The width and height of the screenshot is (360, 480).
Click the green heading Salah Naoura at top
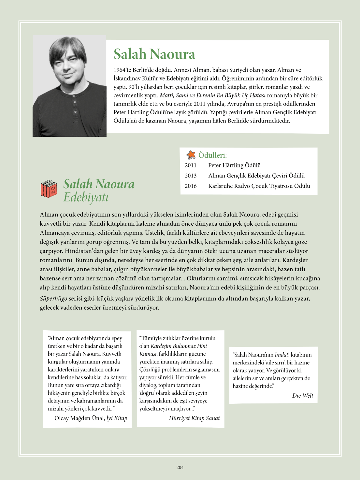click(154, 54)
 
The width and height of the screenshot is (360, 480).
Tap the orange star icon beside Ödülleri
click(191, 155)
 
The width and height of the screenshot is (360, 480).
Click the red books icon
click(49, 189)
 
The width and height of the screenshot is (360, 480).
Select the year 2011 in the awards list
click(191, 165)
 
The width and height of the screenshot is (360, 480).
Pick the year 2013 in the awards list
click(191, 176)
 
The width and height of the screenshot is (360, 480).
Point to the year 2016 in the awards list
click(191, 186)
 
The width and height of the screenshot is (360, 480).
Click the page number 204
click(180, 467)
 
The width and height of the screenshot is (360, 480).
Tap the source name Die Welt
click(302, 396)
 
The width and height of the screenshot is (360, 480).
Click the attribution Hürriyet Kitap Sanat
click(194, 418)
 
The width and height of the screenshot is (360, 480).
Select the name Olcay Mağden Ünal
click(79, 418)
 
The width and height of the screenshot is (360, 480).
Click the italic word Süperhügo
click(53, 299)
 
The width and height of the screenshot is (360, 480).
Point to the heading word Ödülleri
click(212, 155)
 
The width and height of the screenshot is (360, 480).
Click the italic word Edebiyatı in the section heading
click(86, 197)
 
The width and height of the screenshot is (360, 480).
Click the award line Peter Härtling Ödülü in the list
click(234, 165)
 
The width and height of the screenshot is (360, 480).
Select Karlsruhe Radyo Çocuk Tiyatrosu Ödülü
click(259, 186)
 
